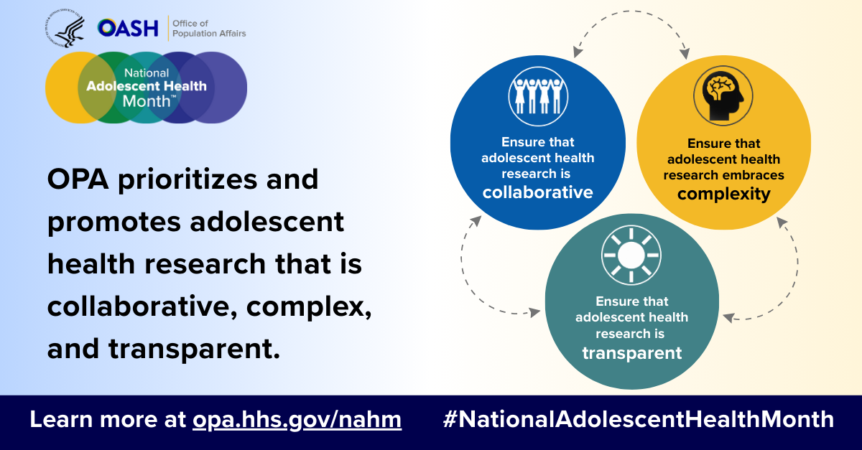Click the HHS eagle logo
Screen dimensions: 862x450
coord(65,29)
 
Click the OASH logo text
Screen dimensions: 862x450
coord(128,28)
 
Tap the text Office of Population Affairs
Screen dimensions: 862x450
coord(209,29)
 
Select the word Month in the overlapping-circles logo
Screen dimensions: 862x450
coord(147,101)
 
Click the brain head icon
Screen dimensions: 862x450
coord(723,95)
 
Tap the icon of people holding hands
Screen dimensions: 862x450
coord(538,96)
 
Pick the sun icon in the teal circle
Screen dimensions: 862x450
coord(631,255)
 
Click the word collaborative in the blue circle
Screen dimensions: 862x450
coord(537,192)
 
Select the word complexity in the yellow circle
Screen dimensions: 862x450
coord(724,194)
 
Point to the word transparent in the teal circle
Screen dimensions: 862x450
coord(632,353)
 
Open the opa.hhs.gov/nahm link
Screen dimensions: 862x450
coord(297,420)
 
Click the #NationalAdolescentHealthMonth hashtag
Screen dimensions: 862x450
coord(639,419)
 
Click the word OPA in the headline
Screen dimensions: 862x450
coord(78,179)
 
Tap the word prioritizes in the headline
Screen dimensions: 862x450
coord(187,180)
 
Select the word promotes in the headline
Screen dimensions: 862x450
coord(114,222)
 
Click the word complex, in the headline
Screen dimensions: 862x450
coord(309,307)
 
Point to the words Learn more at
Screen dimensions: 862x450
coord(108,419)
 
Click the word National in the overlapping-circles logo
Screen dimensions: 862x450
coord(147,72)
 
